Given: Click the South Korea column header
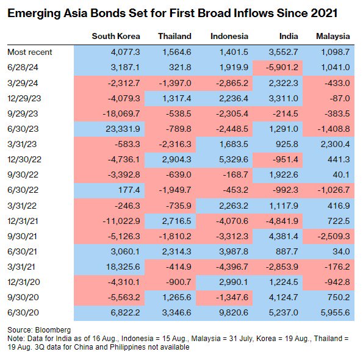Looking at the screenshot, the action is point(116,37).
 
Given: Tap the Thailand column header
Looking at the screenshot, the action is point(174,37).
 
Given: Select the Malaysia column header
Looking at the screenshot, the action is point(333,37).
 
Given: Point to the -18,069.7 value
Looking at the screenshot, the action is point(121,113).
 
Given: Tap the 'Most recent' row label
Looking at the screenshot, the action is point(30,52).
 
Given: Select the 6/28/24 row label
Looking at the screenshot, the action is point(23,68).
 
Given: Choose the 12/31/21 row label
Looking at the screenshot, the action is point(23,221).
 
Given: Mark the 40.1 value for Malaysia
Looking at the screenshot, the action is point(341,175).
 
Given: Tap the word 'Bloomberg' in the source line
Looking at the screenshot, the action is point(53,330).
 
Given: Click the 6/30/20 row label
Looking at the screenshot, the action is point(23,313).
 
